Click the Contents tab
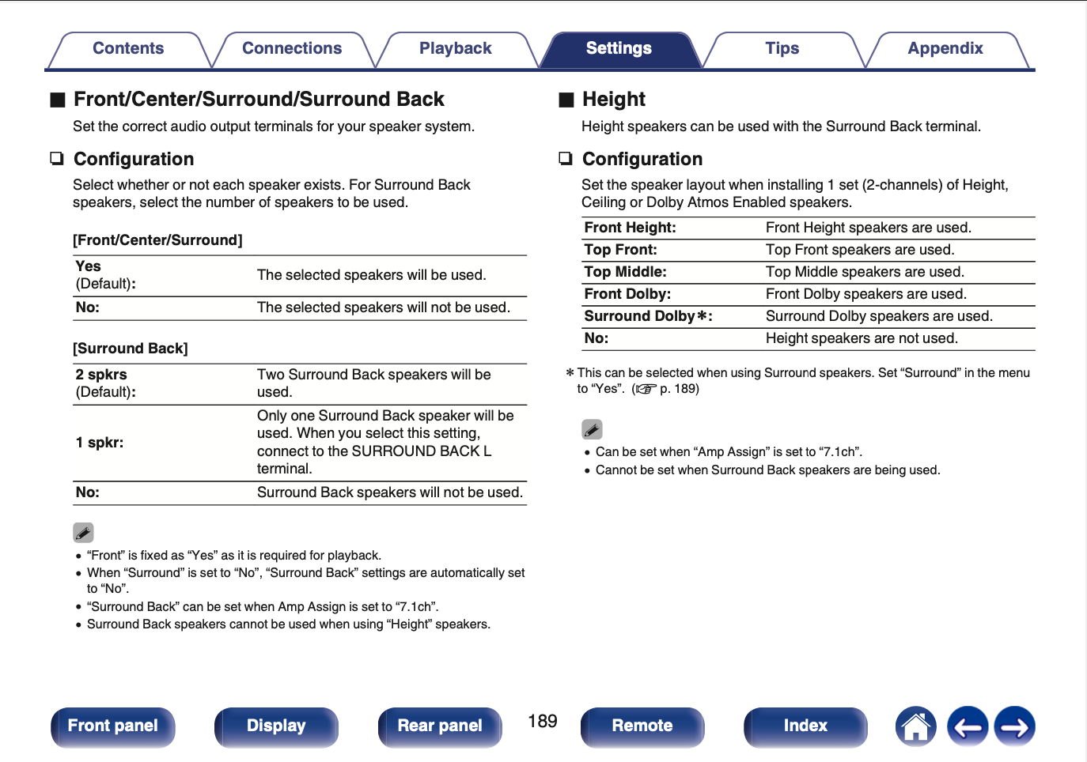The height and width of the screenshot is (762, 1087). click(128, 49)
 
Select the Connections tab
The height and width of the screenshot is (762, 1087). click(292, 49)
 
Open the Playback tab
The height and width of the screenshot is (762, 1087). click(455, 49)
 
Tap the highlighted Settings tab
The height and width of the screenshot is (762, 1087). click(619, 49)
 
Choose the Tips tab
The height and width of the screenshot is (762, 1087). click(782, 49)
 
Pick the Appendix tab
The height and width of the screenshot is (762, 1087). click(945, 49)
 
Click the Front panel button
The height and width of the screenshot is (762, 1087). click(113, 726)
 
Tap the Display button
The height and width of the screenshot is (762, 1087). click(276, 726)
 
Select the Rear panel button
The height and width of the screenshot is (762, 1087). click(440, 726)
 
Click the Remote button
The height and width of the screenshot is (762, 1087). click(642, 726)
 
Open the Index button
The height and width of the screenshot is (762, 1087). click(805, 726)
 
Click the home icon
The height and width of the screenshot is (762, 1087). click(915, 726)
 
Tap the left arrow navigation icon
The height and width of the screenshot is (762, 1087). click(968, 726)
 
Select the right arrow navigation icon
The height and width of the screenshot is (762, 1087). click(1015, 726)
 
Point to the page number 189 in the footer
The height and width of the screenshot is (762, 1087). click(543, 721)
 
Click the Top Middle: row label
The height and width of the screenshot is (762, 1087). click(626, 272)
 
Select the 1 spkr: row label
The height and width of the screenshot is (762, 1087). click(100, 443)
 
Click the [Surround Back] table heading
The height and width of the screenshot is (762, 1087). click(131, 349)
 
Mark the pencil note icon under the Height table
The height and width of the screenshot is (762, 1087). click(592, 429)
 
